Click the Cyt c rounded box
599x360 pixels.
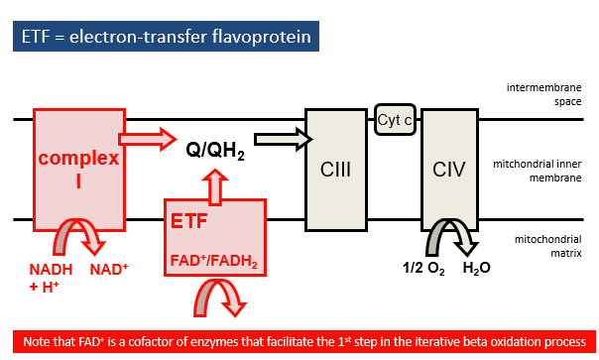[x=394, y=120]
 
